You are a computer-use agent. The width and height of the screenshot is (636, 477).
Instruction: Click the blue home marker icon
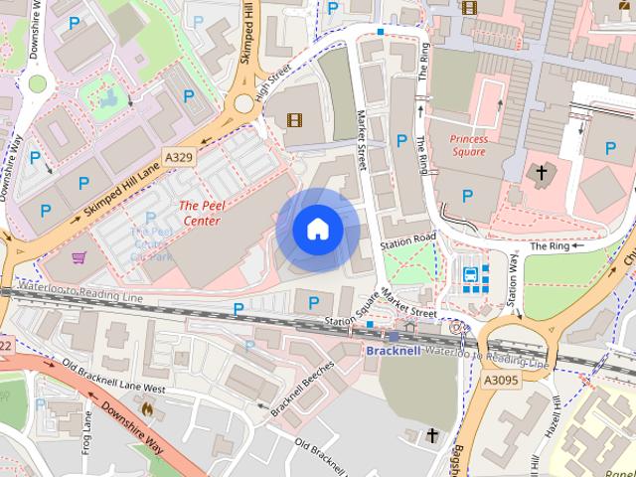coord(318,230)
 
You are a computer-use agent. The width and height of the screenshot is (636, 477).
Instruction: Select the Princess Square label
coord(468,146)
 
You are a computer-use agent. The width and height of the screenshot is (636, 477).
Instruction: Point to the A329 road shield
coord(179,158)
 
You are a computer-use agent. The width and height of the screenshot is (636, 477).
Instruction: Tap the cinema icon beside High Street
coord(293,120)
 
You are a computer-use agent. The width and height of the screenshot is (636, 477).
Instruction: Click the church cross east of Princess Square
coord(542,173)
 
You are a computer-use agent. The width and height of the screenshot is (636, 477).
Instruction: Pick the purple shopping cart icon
coord(79,257)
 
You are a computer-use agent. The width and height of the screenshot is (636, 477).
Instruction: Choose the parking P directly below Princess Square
coord(468,196)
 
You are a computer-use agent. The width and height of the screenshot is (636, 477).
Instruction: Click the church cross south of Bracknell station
coord(432,434)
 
